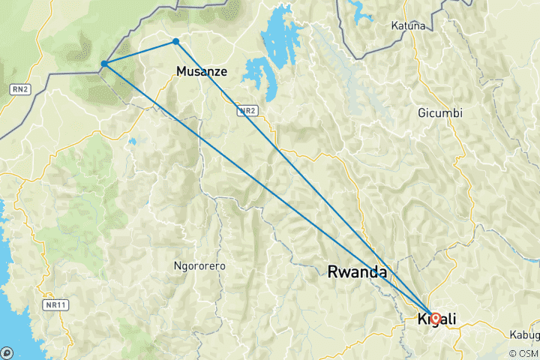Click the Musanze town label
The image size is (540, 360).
tap(199, 72)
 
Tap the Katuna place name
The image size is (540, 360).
tap(408, 25)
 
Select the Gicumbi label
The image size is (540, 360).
tap(440, 113)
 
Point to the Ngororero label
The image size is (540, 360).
tap(199, 266)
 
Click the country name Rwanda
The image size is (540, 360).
tap(357, 272)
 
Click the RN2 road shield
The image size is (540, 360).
tap(19, 89)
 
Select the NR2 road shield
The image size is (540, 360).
tap(247, 110)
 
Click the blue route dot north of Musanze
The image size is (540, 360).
tap(175, 41)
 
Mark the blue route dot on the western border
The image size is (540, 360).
tap(103, 64)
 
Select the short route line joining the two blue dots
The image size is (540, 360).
tap(139, 52)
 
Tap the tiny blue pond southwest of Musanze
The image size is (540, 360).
tap(132, 140)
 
